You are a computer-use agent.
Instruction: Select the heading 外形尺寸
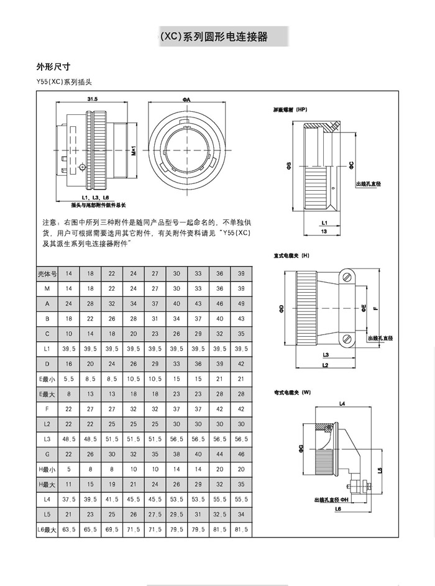[53, 66]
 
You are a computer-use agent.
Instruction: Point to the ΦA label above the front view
[186, 99]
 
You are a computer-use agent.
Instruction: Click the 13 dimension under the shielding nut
[324, 231]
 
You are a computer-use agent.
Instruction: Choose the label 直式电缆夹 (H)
[291, 255]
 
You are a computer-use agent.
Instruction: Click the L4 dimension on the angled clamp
[341, 404]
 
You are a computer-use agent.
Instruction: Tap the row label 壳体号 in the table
[47, 273]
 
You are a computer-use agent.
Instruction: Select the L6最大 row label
[47, 529]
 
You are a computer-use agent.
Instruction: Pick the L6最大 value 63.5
[69, 529]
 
